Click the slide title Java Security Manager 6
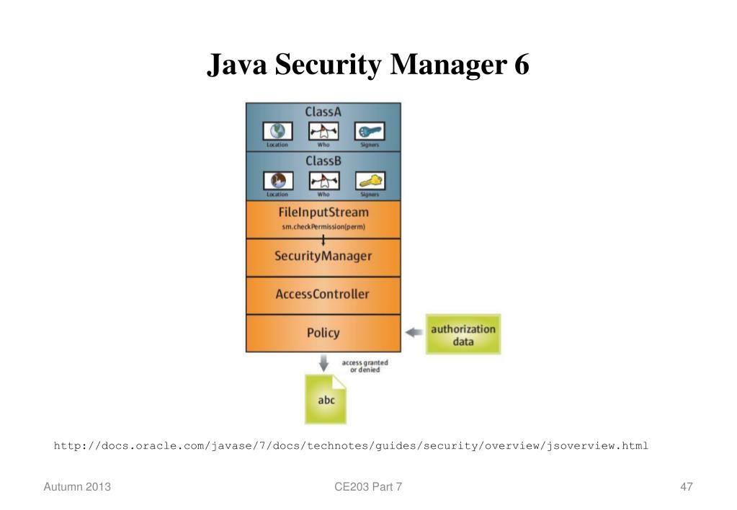click(368, 65)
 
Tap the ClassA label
click(323, 112)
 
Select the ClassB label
click(323, 161)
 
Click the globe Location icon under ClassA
click(277, 131)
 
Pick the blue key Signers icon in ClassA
click(370, 131)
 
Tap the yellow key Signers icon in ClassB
click(370, 180)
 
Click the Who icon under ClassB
click(323, 180)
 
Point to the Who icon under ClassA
click(323, 131)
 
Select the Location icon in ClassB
click(277, 180)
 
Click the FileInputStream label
click(323, 212)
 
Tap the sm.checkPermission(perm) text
click(323, 228)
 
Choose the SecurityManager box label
click(323, 256)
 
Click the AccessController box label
click(323, 294)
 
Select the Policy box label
click(323, 333)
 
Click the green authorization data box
click(463, 334)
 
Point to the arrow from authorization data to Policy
click(414, 333)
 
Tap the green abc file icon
click(326, 399)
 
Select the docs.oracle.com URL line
click(351, 446)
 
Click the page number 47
click(686, 488)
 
